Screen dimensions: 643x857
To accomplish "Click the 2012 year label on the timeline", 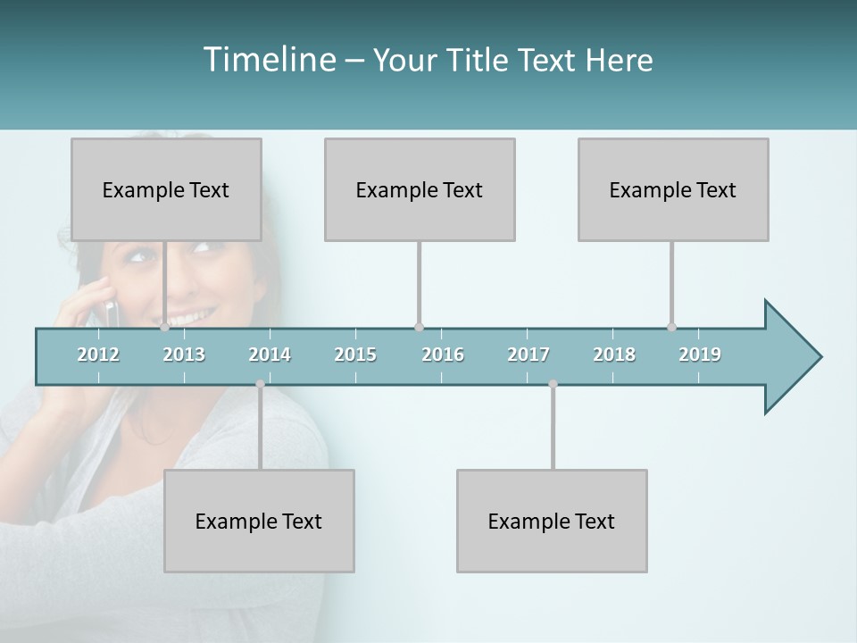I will [x=98, y=355].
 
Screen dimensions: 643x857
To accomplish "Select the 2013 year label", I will [x=184, y=355].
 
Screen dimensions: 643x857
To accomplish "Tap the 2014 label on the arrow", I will [x=270, y=355].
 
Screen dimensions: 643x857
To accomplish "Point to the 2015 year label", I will [x=355, y=355].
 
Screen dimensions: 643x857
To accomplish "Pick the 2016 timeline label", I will [x=443, y=355].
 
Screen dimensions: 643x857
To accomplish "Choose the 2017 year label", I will [x=528, y=355].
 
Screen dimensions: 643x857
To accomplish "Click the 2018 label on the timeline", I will [x=614, y=355].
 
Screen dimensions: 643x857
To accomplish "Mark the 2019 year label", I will [x=700, y=355].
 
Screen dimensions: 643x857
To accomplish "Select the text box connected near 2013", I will [x=166, y=189].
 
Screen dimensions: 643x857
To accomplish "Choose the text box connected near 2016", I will [x=420, y=189].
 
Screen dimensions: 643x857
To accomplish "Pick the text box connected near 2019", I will [x=673, y=189].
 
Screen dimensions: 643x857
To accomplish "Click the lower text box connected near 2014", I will [x=259, y=521].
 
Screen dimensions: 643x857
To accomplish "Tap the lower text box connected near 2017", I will [x=552, y=521].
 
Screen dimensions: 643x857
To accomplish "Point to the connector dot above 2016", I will [x=419, y=328].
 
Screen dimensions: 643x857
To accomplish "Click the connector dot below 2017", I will [x=553, y=384].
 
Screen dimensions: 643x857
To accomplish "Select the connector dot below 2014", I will [x=260, y=384].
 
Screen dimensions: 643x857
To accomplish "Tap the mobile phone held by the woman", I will [x=111, y=312].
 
